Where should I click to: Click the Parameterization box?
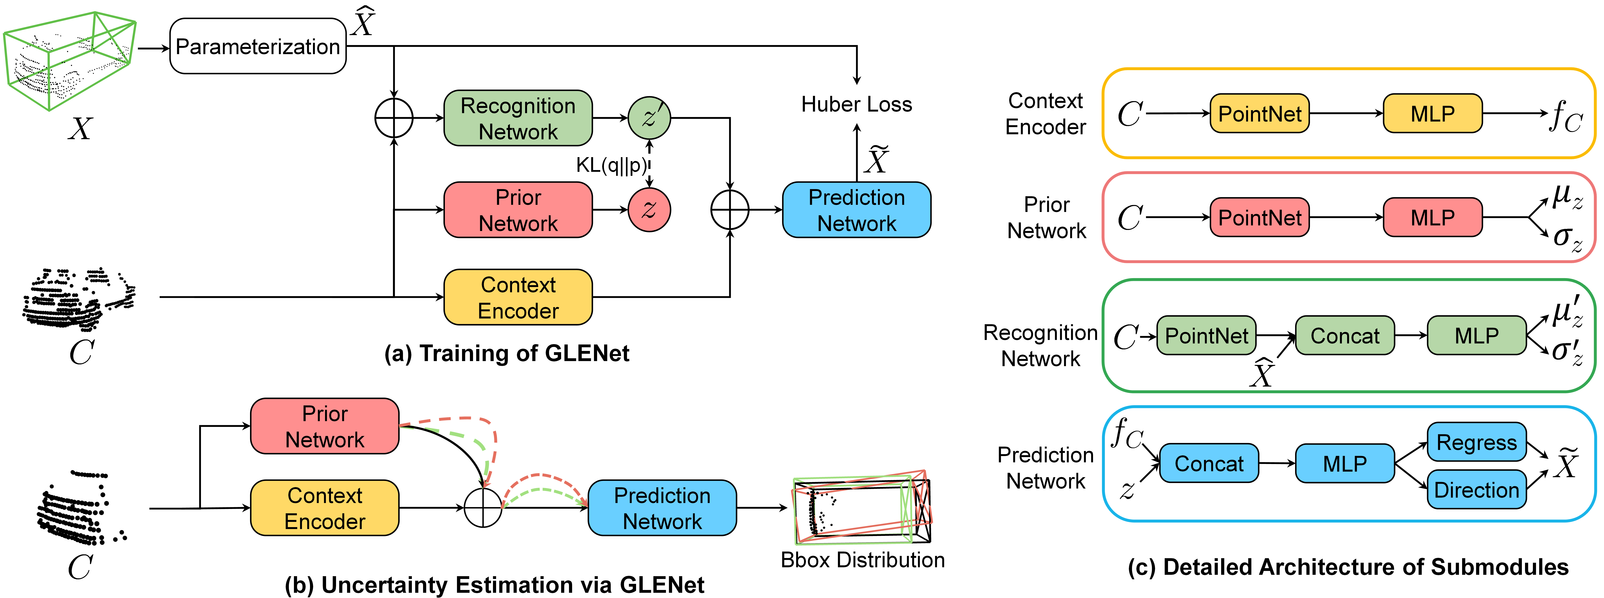258,46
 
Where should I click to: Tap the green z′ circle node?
649,118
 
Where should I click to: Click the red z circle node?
649,210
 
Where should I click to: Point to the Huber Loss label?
856,104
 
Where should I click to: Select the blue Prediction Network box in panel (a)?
856,210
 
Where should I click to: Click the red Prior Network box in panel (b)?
324,426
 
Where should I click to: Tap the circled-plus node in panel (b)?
483,508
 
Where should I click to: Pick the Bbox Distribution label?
862,560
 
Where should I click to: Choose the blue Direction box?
1476,490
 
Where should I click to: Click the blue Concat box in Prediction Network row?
1209,464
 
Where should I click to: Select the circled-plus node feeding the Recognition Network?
394,118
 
